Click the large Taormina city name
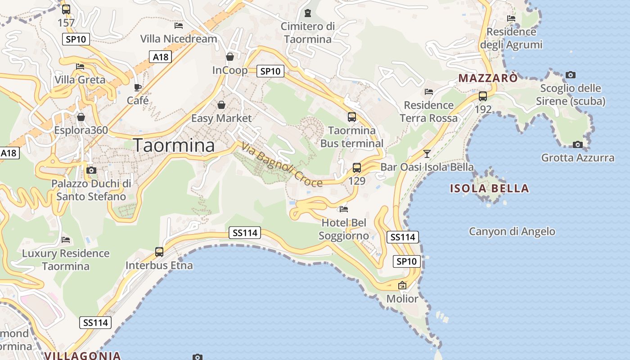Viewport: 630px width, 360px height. click(x=174, y=145)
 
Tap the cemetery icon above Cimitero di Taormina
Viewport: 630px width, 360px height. click(x=308, y=13)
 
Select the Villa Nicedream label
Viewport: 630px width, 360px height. click(x=179, y=39)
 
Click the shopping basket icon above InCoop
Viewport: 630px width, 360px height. click(x=230, y=57)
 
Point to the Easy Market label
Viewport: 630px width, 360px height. click(x=221, y=118)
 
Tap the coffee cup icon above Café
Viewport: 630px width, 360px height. click(x=138, y=87)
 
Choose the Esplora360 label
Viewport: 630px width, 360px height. click(x=81, y=130)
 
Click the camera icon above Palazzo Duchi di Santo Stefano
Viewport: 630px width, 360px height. click(x=91, y=170)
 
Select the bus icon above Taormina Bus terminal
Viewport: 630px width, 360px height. click(x=352, y=117)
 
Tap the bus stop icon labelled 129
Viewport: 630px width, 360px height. click(x=357, y=168)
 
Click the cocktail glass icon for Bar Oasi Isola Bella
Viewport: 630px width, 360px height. click(x=427, y=154)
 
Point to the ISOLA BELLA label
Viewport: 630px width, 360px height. click(x=490, y=188)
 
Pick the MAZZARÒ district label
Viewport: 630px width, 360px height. click(x=488, y=78)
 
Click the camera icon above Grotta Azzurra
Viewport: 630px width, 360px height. click(x=578, y=144)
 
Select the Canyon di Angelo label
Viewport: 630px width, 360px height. click(x=512, y=232)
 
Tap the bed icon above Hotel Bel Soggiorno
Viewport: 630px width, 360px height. click(x=344, y=209)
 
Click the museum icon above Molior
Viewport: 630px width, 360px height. click(x=402, y=285)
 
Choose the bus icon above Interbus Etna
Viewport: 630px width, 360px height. click(x=159, y=252)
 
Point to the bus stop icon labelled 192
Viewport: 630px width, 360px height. click(x=483, y=96)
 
